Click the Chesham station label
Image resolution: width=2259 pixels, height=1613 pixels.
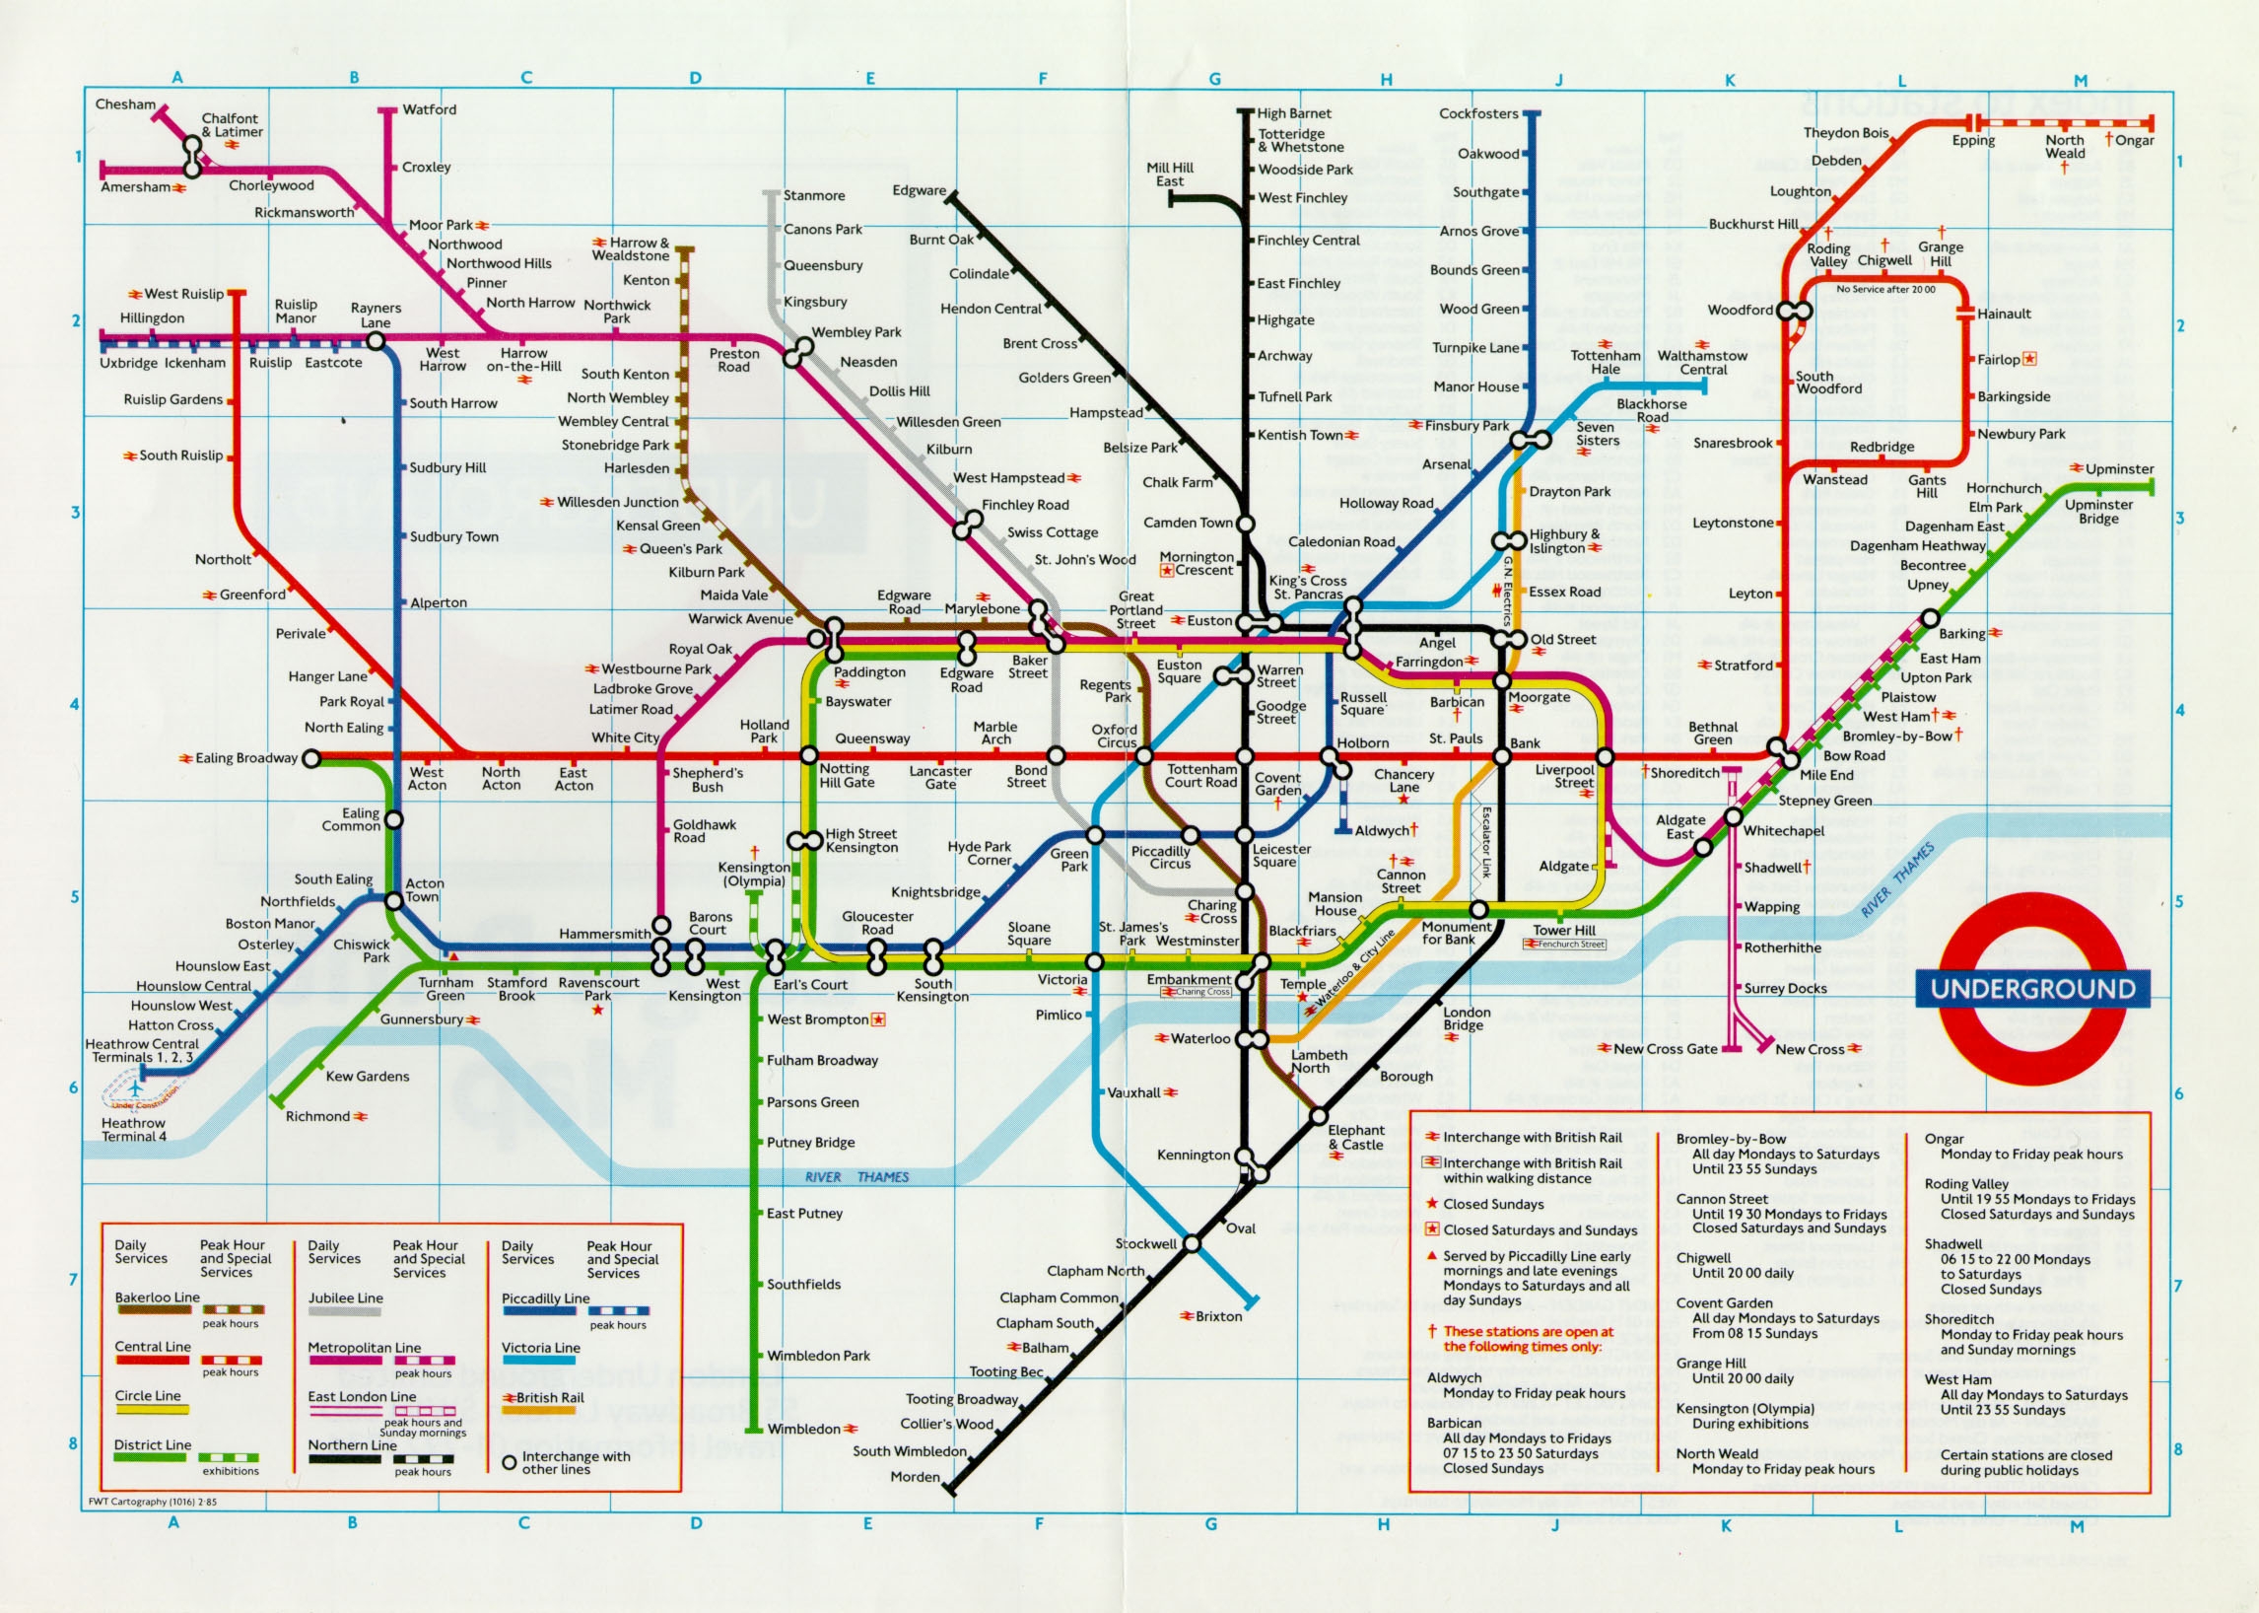125,105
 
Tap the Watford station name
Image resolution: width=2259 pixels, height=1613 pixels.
429,109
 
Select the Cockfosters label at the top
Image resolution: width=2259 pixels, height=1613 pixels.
1478,113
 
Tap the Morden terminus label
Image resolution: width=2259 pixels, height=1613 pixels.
915,1477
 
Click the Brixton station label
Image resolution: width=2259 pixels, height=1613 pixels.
1218,1316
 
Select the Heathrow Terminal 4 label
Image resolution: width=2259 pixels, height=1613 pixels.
134,1129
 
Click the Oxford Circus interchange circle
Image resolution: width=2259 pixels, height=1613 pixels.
1144,757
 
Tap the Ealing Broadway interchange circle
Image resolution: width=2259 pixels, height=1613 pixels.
310,759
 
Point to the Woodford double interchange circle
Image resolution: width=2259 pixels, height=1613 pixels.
1795,311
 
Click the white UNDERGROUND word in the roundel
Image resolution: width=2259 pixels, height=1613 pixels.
2032,988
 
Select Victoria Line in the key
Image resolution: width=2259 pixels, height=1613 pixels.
540,1348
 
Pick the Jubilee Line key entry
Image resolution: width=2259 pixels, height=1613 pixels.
345,1298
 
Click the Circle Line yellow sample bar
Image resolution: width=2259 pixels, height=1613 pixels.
151,1409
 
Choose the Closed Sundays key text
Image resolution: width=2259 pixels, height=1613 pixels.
1493,1204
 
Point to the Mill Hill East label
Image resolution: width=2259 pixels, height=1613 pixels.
1170,175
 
